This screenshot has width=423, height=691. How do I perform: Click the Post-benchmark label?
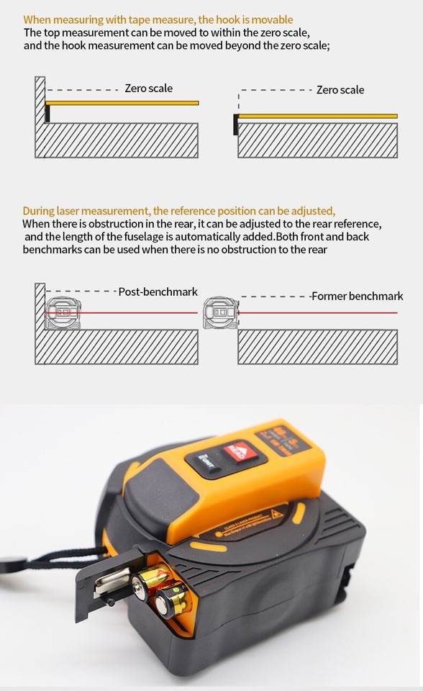point(158,292)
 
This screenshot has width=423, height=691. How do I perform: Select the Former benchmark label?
point(358,296)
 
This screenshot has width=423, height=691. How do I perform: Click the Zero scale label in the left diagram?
point(148,89)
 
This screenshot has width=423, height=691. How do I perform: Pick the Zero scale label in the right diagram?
point(340,90)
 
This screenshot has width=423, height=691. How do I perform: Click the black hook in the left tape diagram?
point(47,113)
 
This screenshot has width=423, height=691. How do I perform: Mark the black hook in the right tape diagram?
point(235,125)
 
